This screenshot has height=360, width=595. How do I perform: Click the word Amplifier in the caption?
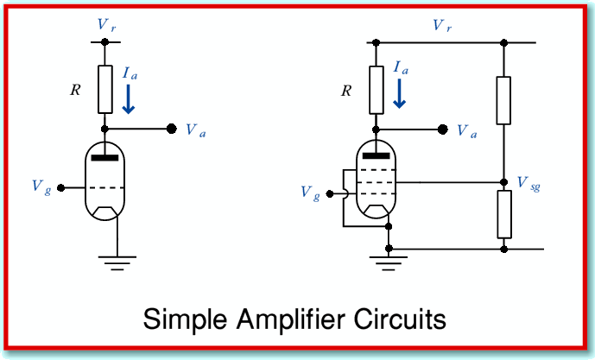[x=291, y=319]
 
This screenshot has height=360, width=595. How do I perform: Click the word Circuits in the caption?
[x=400, y=319]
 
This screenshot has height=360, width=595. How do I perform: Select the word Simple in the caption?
[x=185, y=319]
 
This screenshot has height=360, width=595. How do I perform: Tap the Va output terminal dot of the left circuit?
[x=172, y=129]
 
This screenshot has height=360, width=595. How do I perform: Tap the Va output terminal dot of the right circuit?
[x=442, y=129]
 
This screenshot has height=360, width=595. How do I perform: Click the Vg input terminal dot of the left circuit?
[x=60, y=188]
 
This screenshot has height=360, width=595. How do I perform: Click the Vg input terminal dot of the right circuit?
[x=330, y=194]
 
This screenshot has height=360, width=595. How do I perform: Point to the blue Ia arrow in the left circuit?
[x=129, y=99]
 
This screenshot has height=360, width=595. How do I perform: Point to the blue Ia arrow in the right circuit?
[x=399, y=94]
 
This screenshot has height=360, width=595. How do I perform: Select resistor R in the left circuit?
[x=105, y=90]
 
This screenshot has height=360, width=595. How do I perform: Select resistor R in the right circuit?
[x=376, y=90]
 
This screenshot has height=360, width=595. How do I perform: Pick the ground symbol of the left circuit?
[x=117, y=263]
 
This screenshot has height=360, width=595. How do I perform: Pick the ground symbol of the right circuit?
[x=389, y=263]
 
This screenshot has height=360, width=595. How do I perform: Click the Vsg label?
[x=529, y=184]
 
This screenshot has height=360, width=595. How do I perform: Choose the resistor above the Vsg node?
[x=503, y=100]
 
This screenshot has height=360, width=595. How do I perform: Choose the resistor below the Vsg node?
[x=504, y=214]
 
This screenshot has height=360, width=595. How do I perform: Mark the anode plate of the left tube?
[x=104, y=157]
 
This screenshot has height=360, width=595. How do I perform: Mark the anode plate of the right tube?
[x=376, y=155]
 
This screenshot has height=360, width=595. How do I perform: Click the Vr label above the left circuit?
[x=106, y=25]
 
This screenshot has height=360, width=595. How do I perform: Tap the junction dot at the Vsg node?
[x=503, y=182]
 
